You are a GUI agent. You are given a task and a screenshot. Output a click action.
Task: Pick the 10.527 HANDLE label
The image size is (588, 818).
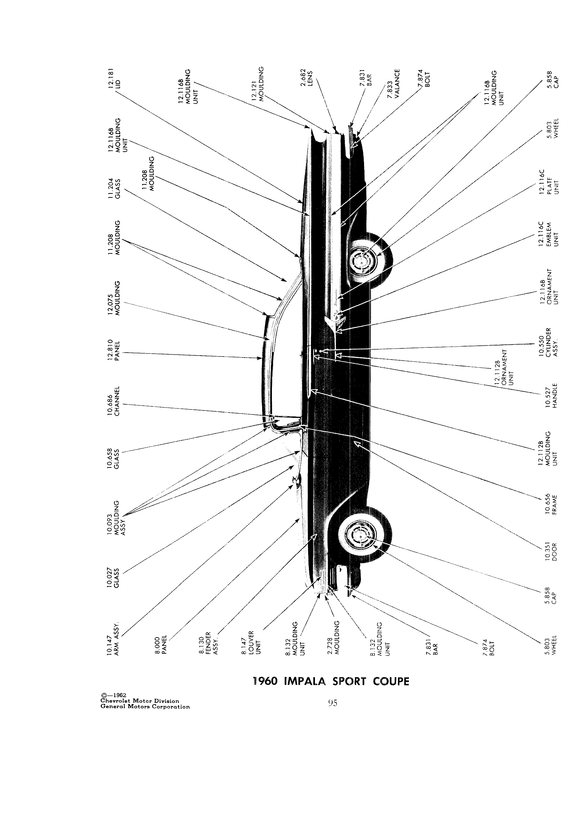[551, 395]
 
